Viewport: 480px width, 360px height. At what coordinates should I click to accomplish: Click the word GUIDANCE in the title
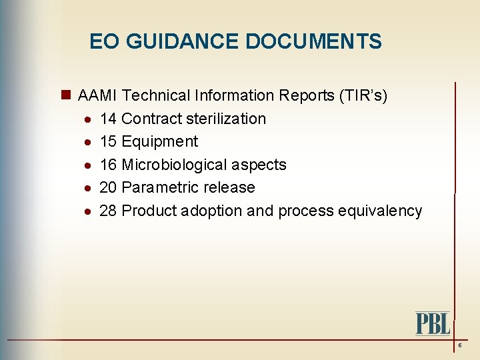coord(181,42)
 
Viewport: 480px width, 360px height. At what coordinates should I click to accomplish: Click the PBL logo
coord(433,323)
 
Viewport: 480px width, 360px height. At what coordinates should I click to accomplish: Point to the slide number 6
coord(459,345)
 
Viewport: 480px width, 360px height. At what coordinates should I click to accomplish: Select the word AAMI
coord(98,95)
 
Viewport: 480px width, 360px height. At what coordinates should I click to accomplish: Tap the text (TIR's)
coord(363,95)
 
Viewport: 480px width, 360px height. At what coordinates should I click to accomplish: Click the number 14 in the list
coord(108,119)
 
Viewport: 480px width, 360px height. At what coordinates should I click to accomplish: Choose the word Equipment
coord(160,141)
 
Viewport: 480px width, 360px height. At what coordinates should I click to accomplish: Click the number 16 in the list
coord(108,165)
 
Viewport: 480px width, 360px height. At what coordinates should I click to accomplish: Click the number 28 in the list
coord(108,211)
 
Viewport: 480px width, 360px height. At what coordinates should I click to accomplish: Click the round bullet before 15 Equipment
coord(88,142)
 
